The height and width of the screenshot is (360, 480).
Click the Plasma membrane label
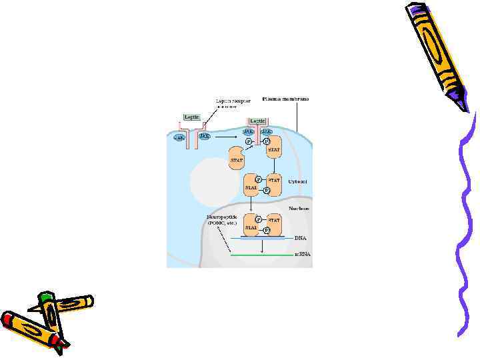click(285, 99)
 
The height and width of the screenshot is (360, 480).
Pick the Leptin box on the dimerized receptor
click(257, 121)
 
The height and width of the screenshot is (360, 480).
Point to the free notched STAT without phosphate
click(237, 160)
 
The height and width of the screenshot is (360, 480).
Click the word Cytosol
click(297, 181)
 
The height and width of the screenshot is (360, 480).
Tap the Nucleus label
click(298, 207)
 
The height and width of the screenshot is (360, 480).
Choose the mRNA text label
click(302, 254)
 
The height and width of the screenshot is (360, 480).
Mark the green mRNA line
click(260, 254)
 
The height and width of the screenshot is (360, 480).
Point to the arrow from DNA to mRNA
click(261, 245)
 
